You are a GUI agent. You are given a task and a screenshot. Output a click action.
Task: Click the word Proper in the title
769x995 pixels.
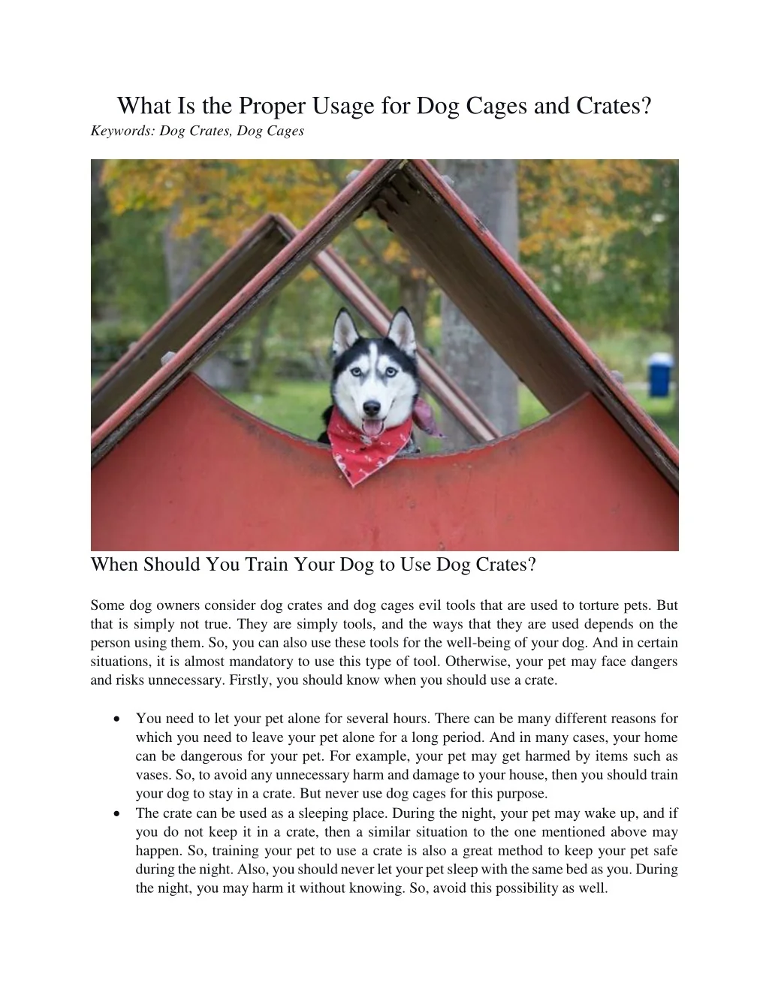click(x=271, y=107)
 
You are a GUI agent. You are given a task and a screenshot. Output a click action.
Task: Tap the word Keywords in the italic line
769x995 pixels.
click(x=122, y=131)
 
